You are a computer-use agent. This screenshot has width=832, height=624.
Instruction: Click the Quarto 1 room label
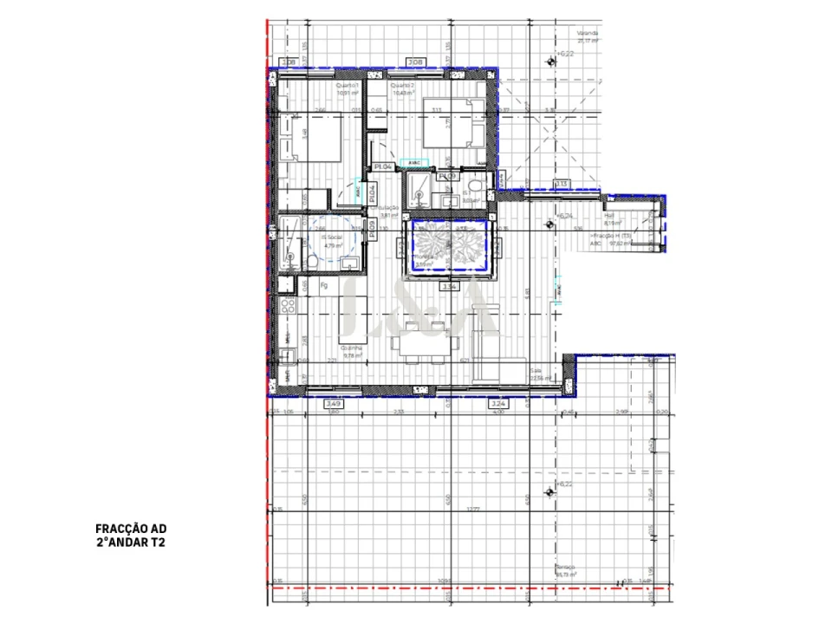348,86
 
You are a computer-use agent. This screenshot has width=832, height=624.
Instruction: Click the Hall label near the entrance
609,217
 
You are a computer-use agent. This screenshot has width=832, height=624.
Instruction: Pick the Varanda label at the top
588,34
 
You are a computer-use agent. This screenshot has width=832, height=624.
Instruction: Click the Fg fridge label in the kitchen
324,283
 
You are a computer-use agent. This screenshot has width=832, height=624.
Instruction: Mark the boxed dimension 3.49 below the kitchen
334,404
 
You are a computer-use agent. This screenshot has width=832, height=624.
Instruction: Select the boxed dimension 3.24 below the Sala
497,404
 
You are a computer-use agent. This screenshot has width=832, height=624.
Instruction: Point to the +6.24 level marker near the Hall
565,216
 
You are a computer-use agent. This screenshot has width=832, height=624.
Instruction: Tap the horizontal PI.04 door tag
383,166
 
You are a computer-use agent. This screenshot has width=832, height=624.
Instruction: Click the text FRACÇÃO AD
130,527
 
